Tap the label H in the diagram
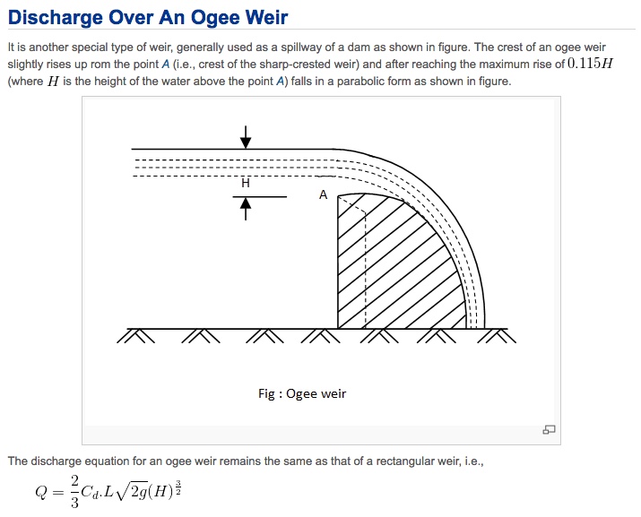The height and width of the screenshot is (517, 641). [x=246, y=183]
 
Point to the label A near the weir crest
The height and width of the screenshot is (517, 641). [x=324, y=194]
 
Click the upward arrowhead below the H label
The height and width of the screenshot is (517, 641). [x=246, y=203]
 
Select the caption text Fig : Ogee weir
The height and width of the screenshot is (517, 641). [x=302, y=393]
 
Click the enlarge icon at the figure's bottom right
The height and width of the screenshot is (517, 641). [x=549, y=429]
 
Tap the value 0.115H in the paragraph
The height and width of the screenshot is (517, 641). [x=590, y=64]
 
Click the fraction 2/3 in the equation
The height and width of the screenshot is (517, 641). [x=74, y=492]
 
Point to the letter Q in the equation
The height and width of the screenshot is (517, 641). [x=42, y=492]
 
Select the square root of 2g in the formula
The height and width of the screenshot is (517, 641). [x=132, y=491]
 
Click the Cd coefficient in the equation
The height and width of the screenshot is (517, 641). [x=90, y=492]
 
